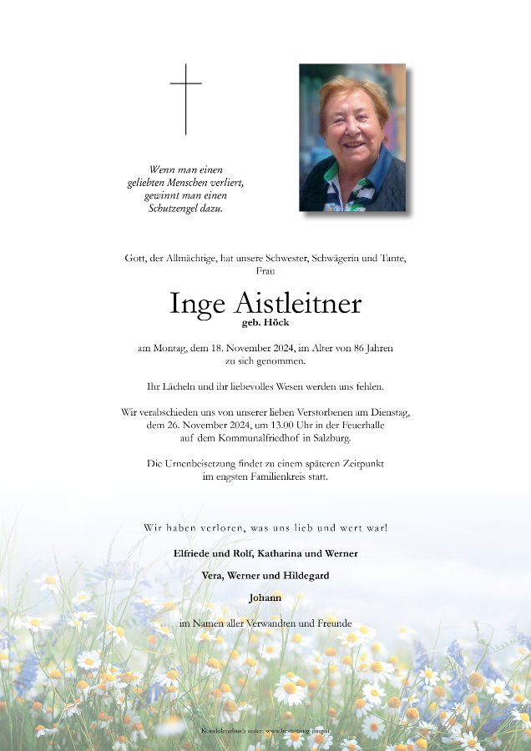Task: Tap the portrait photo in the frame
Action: click(352, 138)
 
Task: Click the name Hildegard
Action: click(308, 576)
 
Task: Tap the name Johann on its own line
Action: click(265, 597)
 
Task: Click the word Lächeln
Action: click(182, 386)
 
